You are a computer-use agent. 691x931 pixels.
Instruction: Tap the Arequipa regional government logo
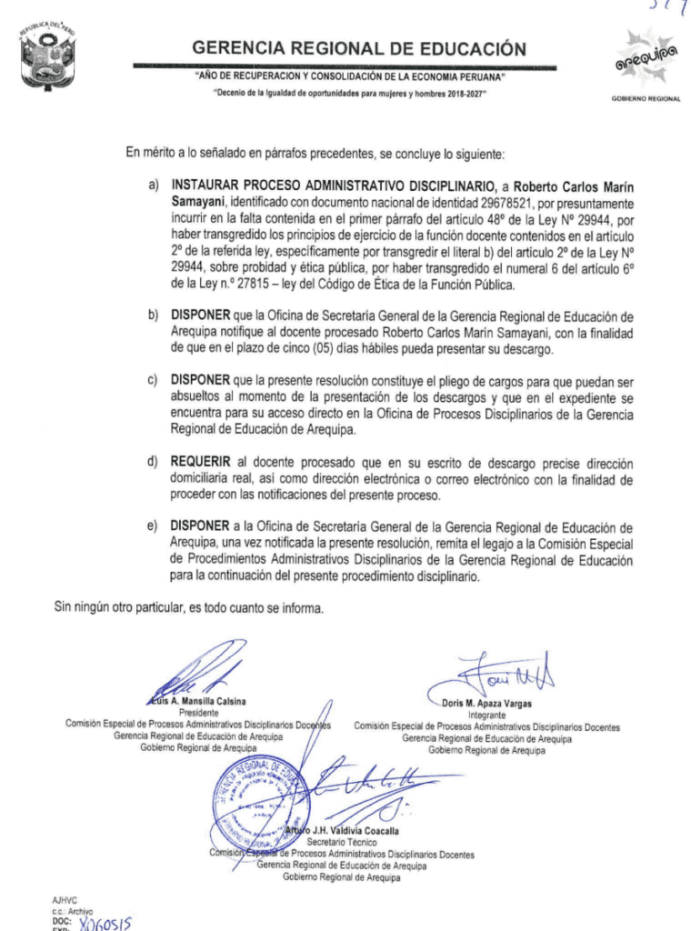(x=646, y=61)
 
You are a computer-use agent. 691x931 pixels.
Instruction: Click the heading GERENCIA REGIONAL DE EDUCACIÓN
(x=359, y=48)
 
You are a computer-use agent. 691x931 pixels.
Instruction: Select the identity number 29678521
(x=496, y=203)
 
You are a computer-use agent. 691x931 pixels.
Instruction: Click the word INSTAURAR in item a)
(x=208, y=185)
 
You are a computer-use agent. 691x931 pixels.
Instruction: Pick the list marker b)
(x=155, y=315)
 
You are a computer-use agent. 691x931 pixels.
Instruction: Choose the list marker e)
(x=155, y=526)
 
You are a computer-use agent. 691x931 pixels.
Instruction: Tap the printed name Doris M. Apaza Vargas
(x=486, y=704)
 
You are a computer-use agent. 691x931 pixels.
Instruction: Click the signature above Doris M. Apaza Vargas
(x=496, y=676)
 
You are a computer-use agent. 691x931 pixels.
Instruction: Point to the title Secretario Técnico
(x=341, y=842)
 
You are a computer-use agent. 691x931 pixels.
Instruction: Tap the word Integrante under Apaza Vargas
(x=486, y=716)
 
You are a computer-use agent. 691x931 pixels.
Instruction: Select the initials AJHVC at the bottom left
(x=66, y=899)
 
